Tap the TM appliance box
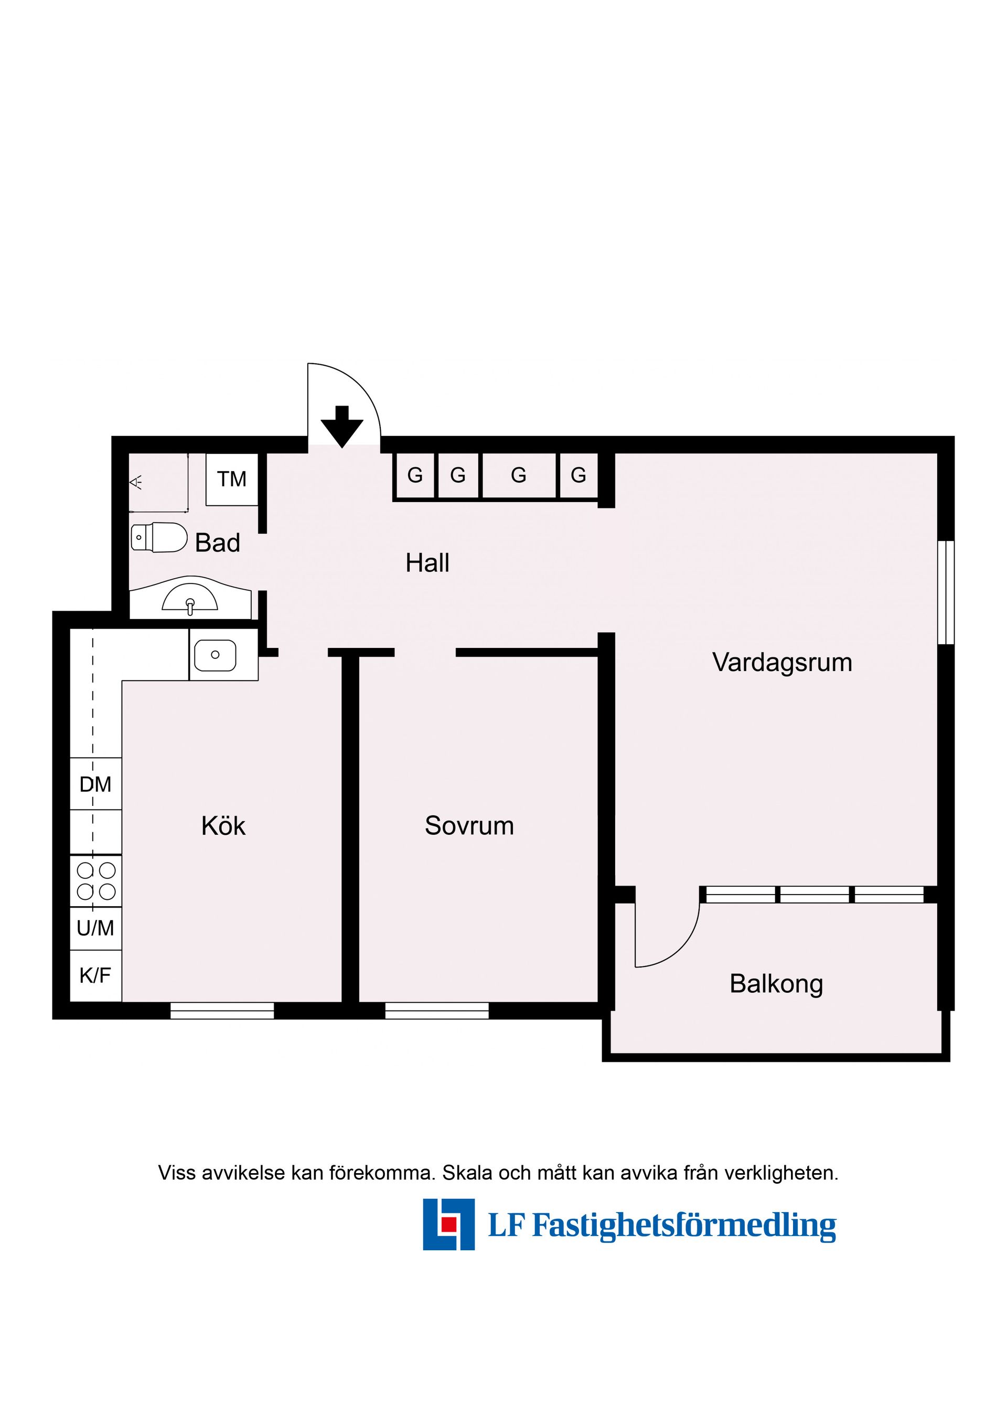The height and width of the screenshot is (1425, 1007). [231, 479]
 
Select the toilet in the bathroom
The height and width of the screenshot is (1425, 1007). [159, 537]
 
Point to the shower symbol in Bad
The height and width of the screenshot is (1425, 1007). [136, 482]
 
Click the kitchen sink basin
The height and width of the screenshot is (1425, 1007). [215, 655]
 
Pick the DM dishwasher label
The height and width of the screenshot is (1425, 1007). [95, 784]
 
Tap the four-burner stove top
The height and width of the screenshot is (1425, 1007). [95, 881]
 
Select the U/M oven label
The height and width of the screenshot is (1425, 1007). [95, 929]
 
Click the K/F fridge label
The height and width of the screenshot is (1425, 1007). [95, 976]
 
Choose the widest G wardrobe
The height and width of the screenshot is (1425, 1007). [518, 475]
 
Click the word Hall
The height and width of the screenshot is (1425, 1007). [427, 563]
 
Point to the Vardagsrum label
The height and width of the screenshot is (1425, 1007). [782, 663]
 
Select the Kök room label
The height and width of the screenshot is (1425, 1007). [223, 826]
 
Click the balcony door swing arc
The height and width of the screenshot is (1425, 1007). [681, 947]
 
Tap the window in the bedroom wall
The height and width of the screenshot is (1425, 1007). [437, 1011]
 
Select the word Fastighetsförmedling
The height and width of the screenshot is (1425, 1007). [684, 1226]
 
